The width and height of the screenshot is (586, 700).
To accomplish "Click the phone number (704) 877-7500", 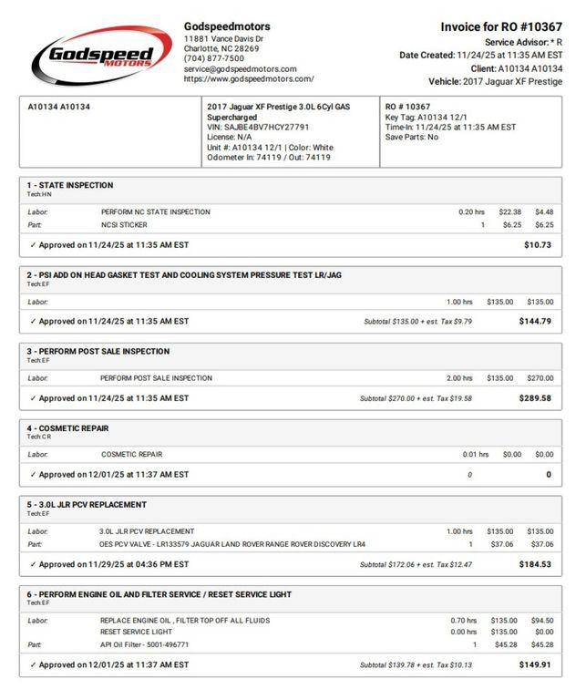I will [x=214, y=58].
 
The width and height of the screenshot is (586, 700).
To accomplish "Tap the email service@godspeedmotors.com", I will [x=240, y=69].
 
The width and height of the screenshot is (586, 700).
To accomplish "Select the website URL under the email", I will [x=249, y=79].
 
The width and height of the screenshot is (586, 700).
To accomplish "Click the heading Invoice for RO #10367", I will [x=501, y=27].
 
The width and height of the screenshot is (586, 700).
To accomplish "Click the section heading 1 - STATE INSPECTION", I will [x=70, y=185].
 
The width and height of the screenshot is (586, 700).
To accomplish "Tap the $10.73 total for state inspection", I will [x=538, y=245].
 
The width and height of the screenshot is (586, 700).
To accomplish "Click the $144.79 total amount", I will [x=535, y=321].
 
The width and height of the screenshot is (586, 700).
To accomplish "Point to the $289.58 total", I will [x=535, y=398].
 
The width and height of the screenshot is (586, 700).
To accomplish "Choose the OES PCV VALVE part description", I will [x=232, y=544].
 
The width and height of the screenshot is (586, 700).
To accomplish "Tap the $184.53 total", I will [x=535, y=565].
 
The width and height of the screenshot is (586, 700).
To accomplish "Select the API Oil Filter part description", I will [x=145, y=644].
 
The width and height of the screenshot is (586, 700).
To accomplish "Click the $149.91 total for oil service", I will [x=535, y=665].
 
